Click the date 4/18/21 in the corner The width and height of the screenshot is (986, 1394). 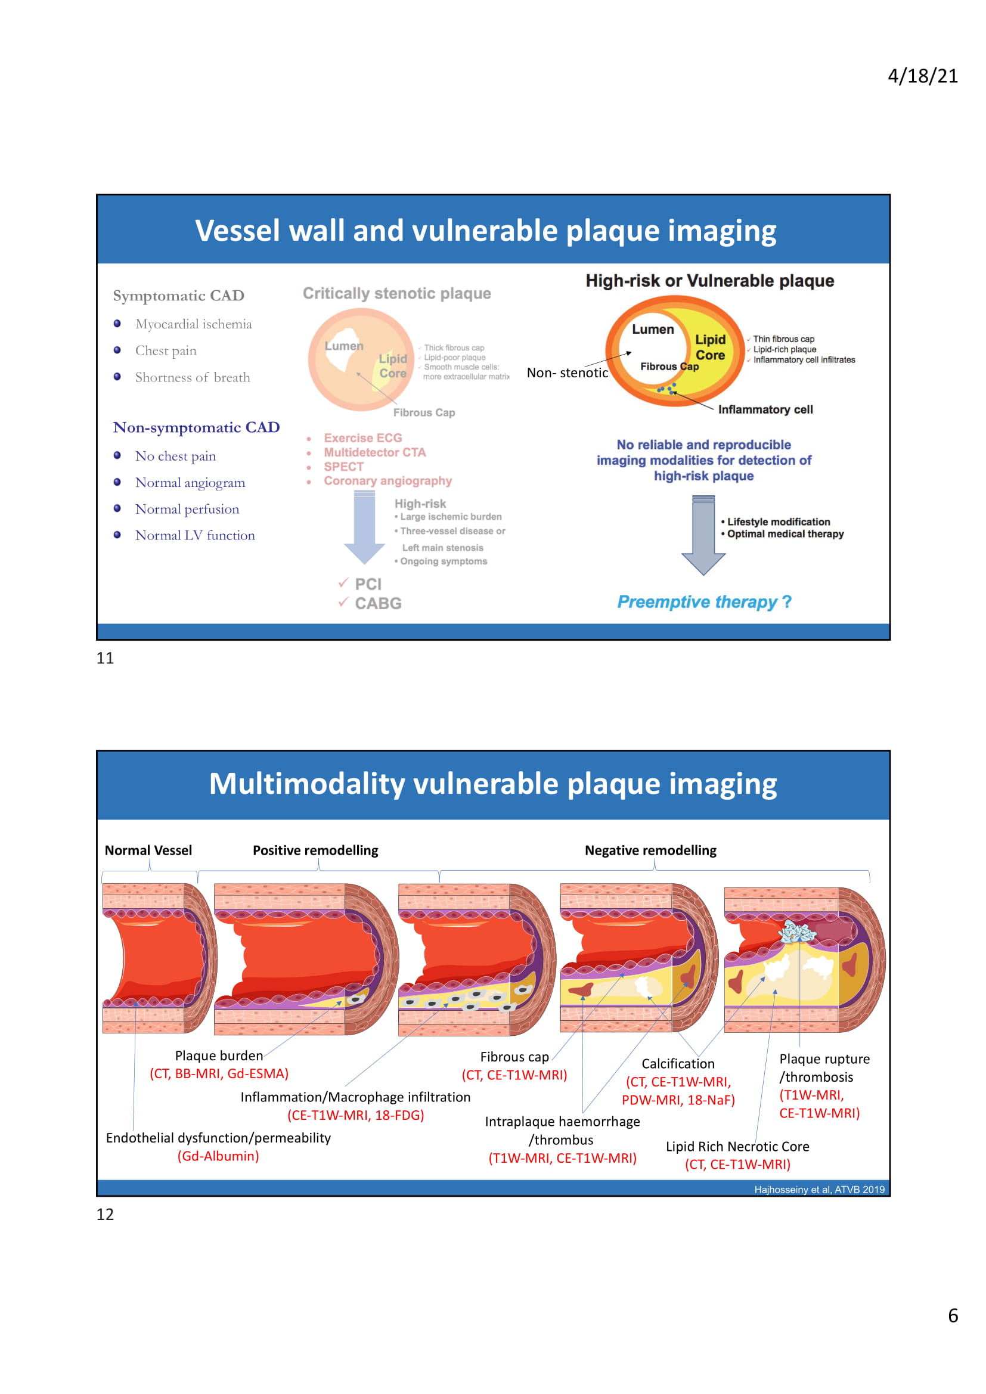pos(922,76)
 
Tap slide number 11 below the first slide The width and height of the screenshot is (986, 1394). pos(105,658)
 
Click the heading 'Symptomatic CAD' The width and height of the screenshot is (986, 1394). pos(178,296)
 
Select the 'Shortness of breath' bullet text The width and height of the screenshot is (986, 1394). pos(193,378)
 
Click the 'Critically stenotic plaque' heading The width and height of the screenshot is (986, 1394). pos(396,294)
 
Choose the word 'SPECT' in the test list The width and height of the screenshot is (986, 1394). pos(343,467)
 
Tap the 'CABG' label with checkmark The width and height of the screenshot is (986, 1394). pos(377,604)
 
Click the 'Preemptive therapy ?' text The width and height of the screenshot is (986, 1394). pos(704,603)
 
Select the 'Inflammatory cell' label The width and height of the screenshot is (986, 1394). pos(765,410)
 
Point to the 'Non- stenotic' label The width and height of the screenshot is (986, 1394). pos(567,372)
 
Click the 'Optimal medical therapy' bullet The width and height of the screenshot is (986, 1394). pos(785,534)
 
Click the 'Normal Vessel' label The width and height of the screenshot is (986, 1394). pos(148,850)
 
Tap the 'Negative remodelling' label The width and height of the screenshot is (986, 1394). pos(650,850)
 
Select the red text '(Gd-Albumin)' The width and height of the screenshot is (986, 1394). pos(218,1156)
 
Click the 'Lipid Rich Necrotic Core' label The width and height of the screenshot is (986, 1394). pos(737,1147)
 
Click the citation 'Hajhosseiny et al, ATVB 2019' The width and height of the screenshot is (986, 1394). pos(819,1190)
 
